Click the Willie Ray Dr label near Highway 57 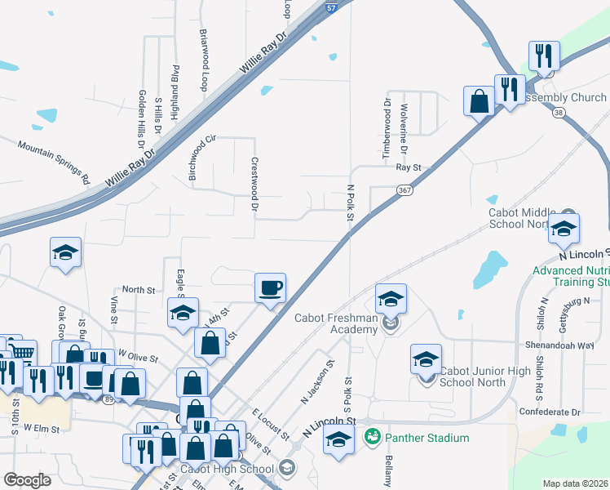click(264, 59)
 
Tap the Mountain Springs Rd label click(53, 161)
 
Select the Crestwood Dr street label click(254, 186)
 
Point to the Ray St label click(407, 167)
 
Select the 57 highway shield click(331, 7)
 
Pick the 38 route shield click(558, 114)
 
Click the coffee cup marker click(271, 287)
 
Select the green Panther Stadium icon click(373, 438)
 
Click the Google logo click(28, 480)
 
